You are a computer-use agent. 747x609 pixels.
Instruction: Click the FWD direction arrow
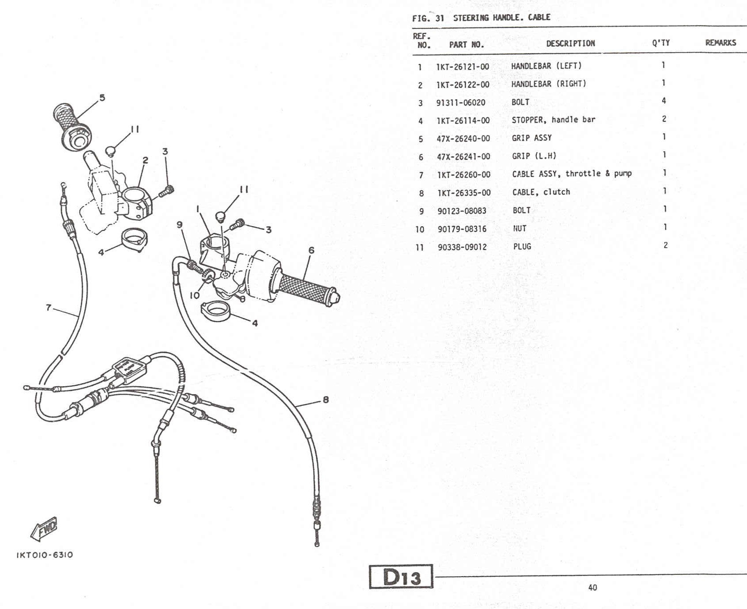44,528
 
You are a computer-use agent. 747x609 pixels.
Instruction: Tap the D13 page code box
401,577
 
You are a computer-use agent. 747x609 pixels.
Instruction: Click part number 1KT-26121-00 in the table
463,67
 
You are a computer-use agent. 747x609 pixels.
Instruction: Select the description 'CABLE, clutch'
541,192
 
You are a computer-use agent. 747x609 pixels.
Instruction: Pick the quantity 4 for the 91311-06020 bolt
664,101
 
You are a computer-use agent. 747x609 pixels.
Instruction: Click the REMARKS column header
720,43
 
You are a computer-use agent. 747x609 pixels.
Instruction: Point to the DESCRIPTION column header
570,43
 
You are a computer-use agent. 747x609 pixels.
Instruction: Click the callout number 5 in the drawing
102,98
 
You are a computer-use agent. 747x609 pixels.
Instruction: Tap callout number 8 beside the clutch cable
326,400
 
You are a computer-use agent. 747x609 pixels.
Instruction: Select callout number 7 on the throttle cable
49,307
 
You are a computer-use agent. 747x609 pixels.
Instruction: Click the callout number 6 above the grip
311,250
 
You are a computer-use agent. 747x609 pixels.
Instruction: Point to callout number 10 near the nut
195,295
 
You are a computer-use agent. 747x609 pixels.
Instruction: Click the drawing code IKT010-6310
45,555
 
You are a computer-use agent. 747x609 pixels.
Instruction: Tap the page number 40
592,588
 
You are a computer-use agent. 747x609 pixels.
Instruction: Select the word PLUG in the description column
522,247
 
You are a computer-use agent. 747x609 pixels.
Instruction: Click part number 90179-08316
462,229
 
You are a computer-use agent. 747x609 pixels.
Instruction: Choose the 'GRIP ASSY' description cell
532,138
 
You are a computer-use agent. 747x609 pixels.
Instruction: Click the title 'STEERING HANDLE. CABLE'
502,18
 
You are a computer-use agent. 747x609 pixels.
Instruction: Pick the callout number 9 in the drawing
179,225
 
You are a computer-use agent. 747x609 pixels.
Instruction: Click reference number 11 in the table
420,248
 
